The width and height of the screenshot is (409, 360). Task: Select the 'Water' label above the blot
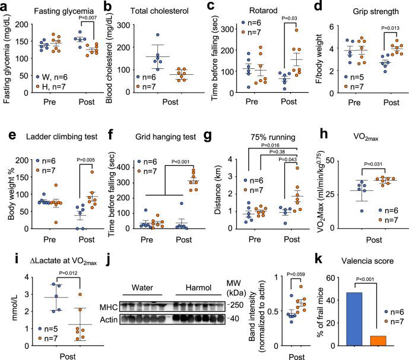click(x=147, y=277)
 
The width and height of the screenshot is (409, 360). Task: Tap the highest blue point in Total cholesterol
click(x=157, y=35)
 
